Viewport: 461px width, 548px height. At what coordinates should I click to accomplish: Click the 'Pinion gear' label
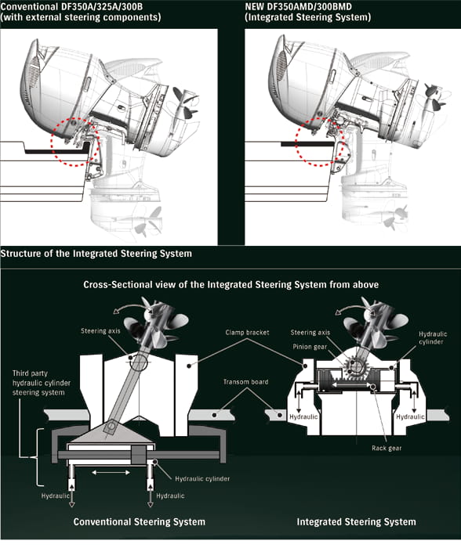310,347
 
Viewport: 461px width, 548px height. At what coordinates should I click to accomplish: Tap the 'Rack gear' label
387,448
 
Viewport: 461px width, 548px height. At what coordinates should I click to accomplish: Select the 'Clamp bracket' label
248,333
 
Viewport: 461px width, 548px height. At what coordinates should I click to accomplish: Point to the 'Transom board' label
245,382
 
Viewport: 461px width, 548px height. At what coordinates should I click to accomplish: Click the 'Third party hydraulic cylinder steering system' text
42,383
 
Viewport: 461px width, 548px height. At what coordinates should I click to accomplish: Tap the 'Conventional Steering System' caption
140,522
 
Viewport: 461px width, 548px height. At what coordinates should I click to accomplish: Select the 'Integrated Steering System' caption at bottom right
357,522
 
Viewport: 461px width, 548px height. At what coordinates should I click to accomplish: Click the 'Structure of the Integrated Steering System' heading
96,254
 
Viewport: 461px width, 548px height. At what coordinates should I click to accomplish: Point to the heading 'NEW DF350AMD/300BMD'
298,6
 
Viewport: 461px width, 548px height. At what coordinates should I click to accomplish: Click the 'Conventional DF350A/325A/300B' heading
72,6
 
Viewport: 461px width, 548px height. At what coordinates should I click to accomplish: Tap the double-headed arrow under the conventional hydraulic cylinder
111,473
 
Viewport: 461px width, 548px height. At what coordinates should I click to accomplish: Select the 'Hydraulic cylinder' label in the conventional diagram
202,478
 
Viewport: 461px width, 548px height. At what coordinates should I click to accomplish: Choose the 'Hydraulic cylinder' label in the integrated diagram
433,338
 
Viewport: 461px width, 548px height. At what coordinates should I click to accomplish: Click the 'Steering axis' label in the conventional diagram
100,330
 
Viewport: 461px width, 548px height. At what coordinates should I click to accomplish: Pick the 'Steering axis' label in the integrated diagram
310,333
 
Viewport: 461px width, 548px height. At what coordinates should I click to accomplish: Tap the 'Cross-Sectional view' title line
231,284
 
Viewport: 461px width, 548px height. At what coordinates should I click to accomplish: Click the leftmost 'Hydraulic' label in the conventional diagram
55,496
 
